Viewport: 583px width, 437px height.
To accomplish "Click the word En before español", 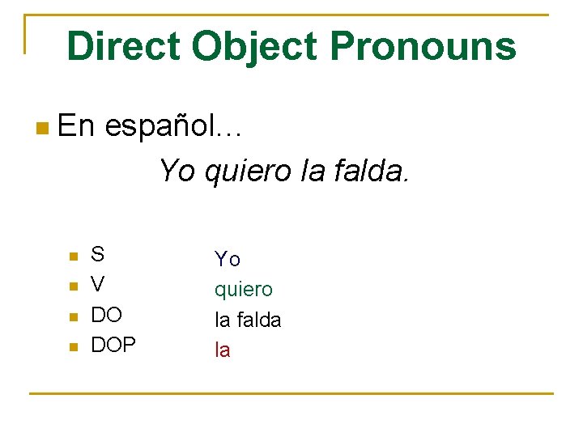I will coord(77,125).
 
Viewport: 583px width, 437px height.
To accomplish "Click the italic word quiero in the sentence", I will coord(244,171).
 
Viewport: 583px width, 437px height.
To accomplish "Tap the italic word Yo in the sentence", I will coord(177,171).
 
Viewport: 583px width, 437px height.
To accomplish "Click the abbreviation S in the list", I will coord(97,255).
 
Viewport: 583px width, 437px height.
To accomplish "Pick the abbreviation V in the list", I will coord(97,285).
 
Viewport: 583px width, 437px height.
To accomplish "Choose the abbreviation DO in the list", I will coord(106,316).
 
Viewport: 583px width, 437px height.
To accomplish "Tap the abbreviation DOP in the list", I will coord(113,346).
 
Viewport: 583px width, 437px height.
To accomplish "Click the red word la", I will coord(222,350).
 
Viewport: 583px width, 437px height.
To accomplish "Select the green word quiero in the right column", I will coord(243,290).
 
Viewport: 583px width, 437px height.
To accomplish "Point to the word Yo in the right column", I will coord(227,259).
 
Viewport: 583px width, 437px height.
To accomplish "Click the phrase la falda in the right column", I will coord(248,320).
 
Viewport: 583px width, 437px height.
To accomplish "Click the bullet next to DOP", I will coord(73,347).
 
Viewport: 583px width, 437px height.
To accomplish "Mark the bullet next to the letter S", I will coord(73,257).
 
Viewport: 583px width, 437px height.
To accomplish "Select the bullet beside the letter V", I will coord(73,286).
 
